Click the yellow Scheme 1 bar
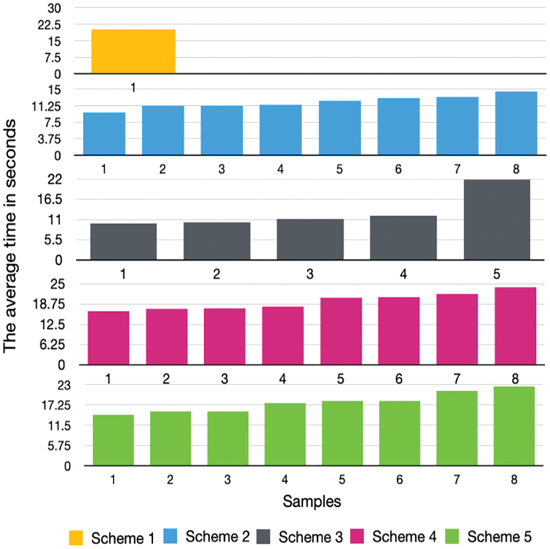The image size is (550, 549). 133,52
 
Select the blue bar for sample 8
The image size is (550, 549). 516,123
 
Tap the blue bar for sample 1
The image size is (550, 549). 104,134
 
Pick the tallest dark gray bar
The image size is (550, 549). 497,220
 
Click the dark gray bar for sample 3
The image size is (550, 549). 310,239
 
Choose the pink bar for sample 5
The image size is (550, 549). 341,331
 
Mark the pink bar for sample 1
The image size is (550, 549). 109,338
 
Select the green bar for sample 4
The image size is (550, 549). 285,434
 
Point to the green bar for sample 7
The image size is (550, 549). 457,428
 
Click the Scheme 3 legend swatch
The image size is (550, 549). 263,537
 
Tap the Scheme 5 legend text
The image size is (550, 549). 499,537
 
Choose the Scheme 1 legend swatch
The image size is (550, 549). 76,538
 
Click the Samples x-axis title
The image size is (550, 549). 312,501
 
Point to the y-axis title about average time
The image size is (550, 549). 10,236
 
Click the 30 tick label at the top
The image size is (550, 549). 55,8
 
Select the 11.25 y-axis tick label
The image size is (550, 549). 46,106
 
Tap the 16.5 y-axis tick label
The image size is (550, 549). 50,199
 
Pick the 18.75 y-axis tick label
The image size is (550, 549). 49,304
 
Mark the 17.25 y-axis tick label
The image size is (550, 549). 56,405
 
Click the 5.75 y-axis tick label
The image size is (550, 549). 59,446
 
